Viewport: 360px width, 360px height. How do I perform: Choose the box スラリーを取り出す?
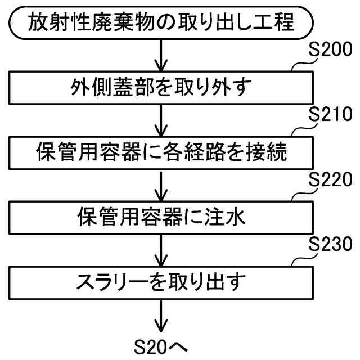point(162,281)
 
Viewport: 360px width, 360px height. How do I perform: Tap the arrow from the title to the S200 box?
point(162,56)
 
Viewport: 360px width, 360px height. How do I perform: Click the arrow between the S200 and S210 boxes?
point(162,120)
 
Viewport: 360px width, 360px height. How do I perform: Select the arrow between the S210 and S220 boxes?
point(162,184)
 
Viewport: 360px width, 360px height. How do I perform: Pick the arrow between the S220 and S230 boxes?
point(162,249)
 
